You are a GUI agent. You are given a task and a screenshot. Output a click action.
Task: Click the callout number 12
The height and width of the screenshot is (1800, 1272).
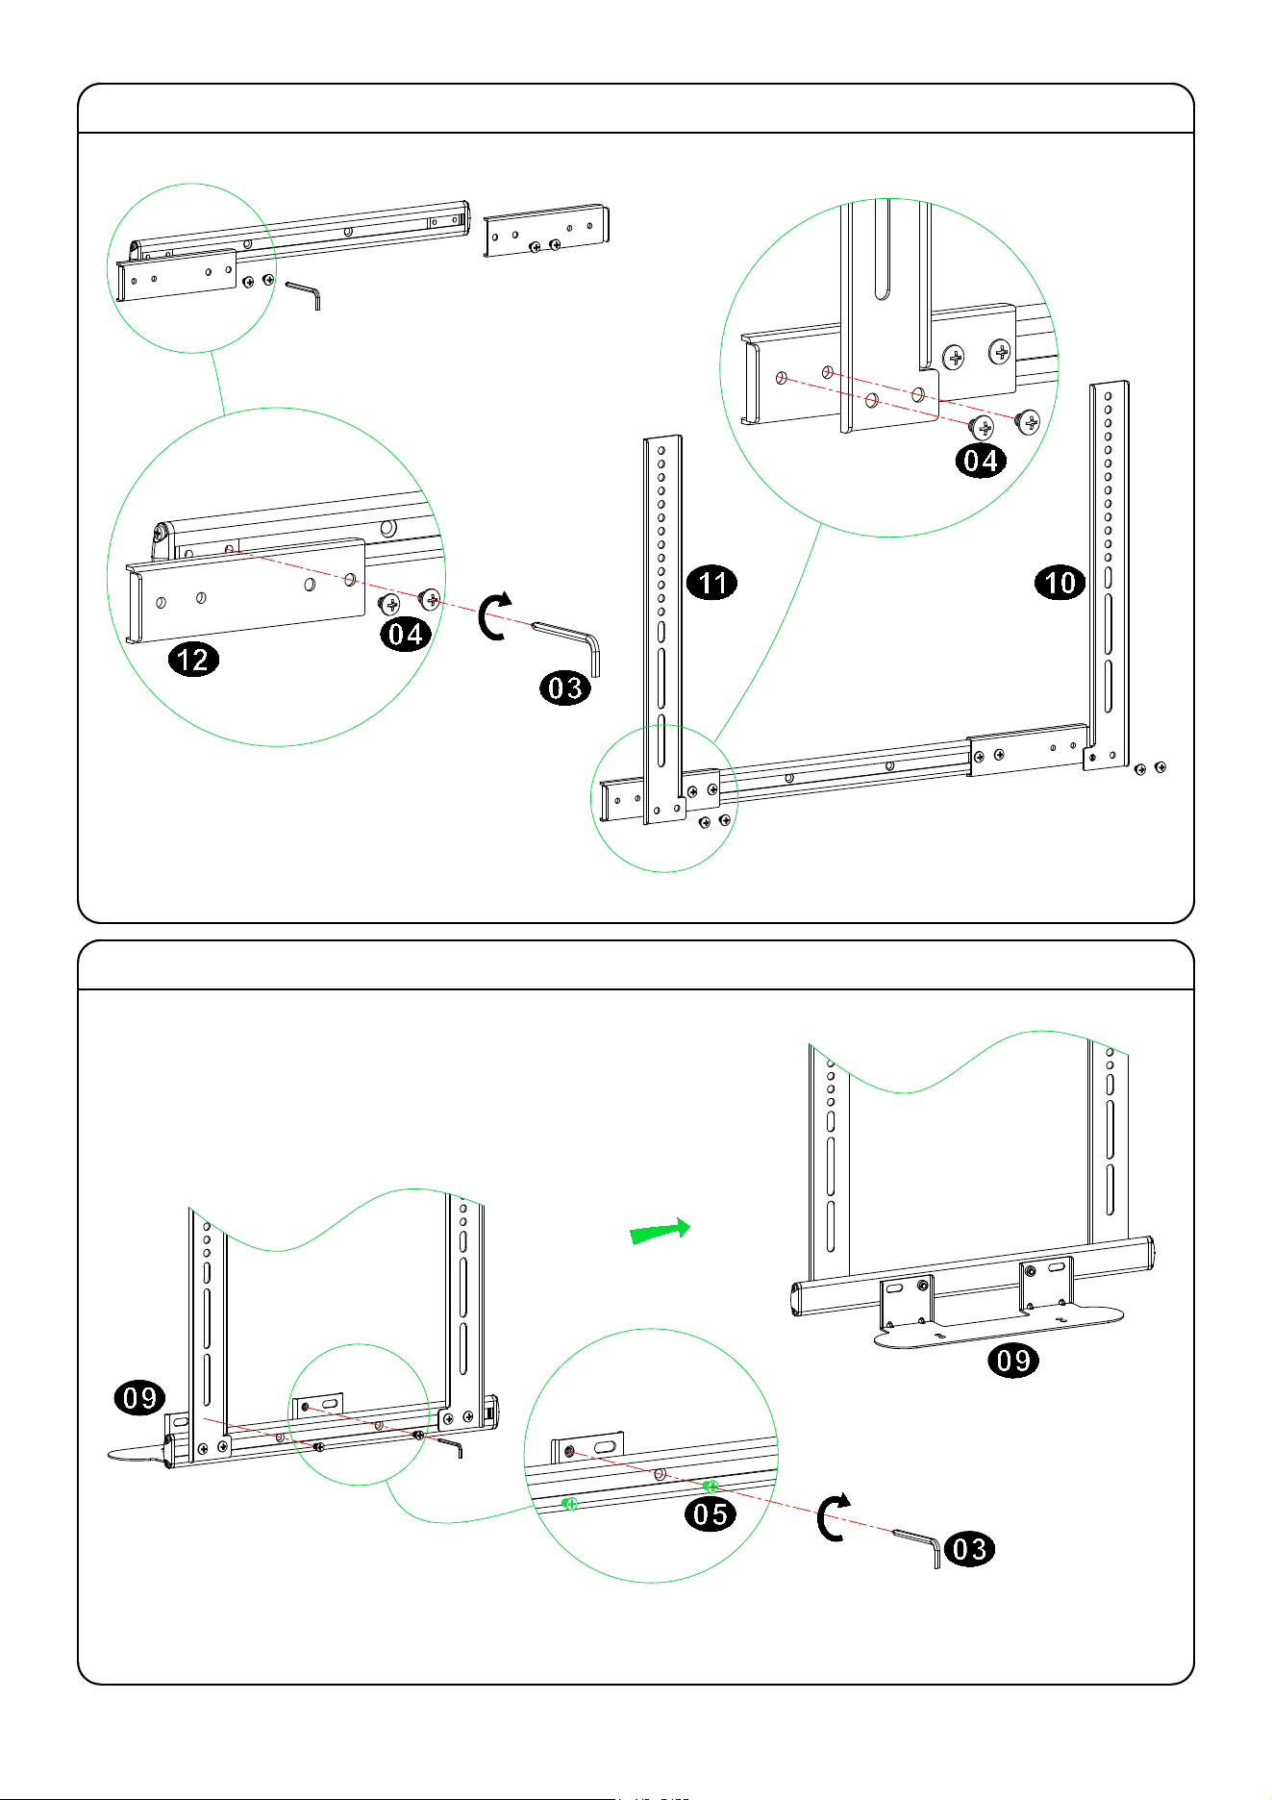pyautogui.click(x=194, y=660)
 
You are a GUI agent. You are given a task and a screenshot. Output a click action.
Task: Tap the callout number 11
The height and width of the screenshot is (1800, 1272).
pyautogui.click(x=712, y=583)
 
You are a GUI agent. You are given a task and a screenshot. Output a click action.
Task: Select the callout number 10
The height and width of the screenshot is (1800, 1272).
pyautogui.click(x=1060, y=583)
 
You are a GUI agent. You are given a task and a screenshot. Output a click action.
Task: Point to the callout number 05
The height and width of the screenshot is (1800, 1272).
pyautogui.click(x=711, y=1514)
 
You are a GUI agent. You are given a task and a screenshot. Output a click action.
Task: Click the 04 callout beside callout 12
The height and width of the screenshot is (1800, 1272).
pyautogui.click(x=406, y=635)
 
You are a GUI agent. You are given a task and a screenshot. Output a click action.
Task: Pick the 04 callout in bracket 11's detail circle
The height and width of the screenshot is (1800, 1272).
pyautogui.click(x=981, y=461)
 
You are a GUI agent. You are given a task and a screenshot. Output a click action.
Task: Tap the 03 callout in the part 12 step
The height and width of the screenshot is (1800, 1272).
pyautogui.click(x=565, y=687)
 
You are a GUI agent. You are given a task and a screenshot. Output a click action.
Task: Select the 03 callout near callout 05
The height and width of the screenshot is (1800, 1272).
pyautogui.click(x=969, y=1549)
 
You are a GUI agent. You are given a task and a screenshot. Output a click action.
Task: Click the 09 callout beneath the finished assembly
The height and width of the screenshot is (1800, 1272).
pyautogui.click(x=1013, y=1361)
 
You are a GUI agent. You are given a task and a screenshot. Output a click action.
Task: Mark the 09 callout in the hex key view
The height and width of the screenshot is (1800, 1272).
pyautogui.click(x=140, y=1397)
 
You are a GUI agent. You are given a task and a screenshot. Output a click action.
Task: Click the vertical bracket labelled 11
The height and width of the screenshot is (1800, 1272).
pyautogui.click(x=662, y=625)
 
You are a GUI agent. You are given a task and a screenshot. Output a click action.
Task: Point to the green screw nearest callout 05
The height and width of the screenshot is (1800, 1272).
pyautogui.click(x=711, y=1487)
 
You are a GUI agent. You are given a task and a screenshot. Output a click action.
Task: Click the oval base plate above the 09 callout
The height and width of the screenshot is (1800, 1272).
pyautogui.click(x=1000, y=1326)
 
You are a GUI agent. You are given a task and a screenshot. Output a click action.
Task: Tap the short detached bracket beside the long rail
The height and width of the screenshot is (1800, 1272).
pyautogui.click(x=546, y=231)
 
